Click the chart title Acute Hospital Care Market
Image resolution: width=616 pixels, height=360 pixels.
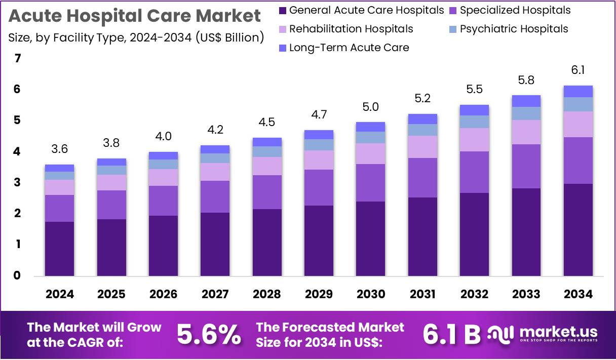pos(135,16)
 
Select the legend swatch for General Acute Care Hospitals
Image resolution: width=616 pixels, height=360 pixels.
pos(283,10)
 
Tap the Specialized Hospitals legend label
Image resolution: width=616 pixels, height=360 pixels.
pos(515,10)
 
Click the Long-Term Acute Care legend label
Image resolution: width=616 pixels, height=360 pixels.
pos(349,48)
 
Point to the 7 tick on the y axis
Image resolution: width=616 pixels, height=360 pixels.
pos(18,59)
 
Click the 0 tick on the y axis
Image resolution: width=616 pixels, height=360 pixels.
pos(18,275)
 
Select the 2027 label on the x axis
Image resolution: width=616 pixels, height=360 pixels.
pos(215,294)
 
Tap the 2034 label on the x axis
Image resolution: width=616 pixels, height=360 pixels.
pos(578,294)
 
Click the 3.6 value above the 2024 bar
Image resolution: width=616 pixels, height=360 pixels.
pos(59,149)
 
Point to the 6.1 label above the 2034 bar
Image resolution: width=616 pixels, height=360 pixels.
pos(578,70)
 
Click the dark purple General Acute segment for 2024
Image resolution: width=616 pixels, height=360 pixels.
pos(59,249)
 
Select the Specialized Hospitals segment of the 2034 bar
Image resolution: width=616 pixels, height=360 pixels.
pos(578,160)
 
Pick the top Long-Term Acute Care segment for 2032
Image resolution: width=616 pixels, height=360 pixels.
pos(474,110)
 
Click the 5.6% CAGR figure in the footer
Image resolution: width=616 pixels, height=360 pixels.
pos(209,334)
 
